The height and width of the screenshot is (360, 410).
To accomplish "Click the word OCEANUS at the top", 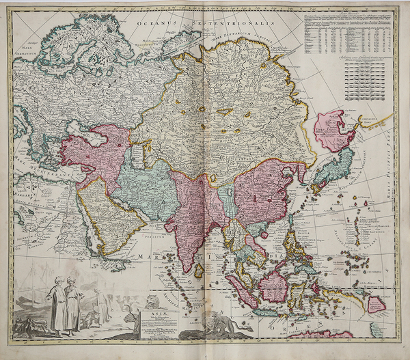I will pyautogui.click(x=155, y=24).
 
